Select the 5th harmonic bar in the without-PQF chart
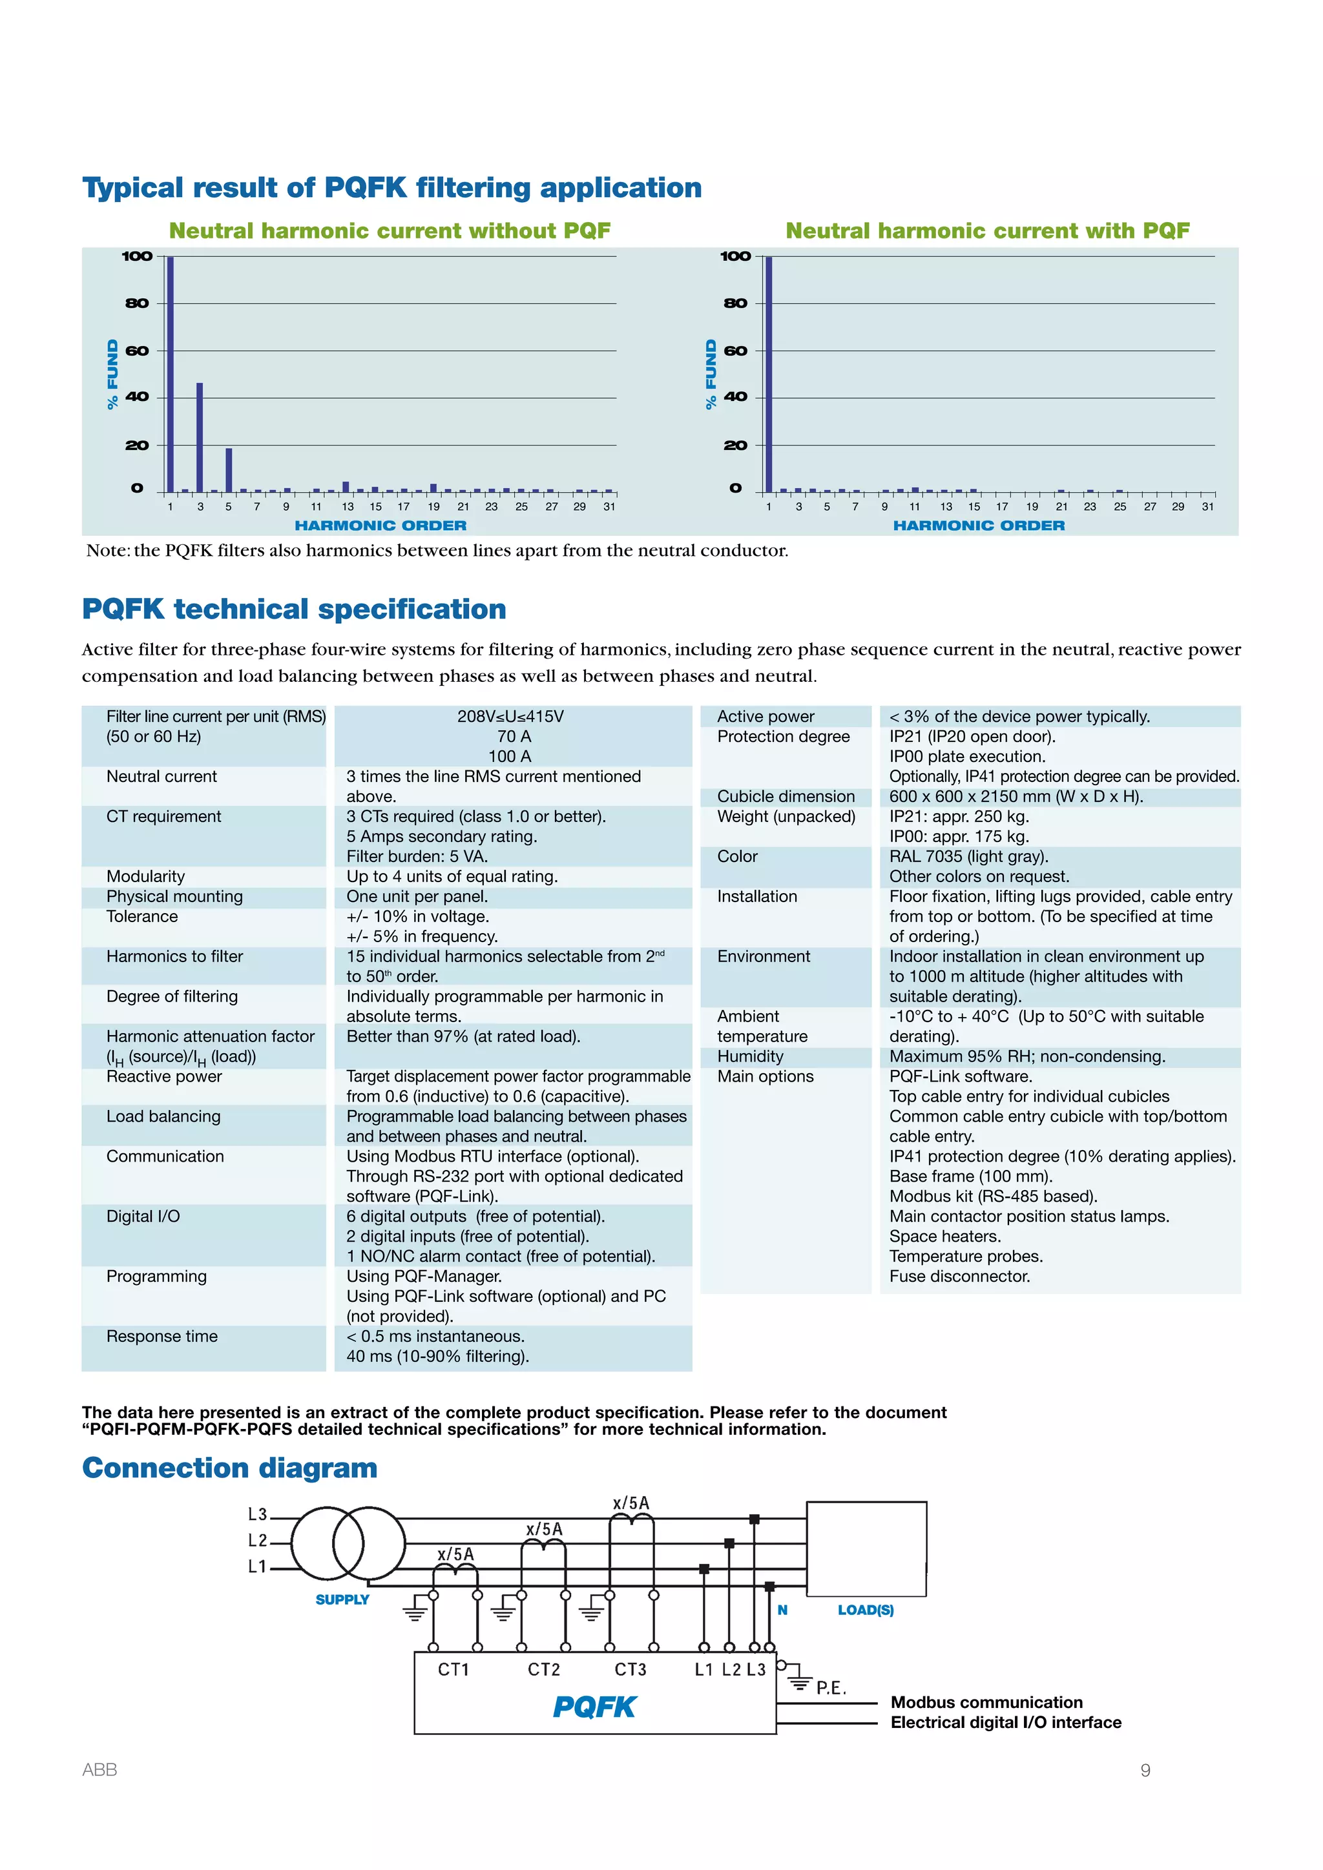click(229, 470)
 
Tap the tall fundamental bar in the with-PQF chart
click(768, 375)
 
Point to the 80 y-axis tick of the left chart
click(137, 303)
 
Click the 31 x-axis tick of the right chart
click(1207, 507)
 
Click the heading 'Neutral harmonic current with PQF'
click(987, 231)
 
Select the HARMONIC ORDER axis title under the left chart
click(380, 526)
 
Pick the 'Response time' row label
click(162, 1337)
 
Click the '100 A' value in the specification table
click(510, 757)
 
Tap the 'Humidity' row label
click(750, 1056)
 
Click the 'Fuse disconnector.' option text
click(960, 1276)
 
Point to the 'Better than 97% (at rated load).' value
click(464, 1037)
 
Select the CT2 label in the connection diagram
click(543, 1670)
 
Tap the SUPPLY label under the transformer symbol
click(342, 1599)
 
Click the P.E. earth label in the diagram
click(831, 1689)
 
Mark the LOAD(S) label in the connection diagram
click(865, 1610)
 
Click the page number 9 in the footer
click(1145, 1770)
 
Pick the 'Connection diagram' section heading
click(230, 1468)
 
